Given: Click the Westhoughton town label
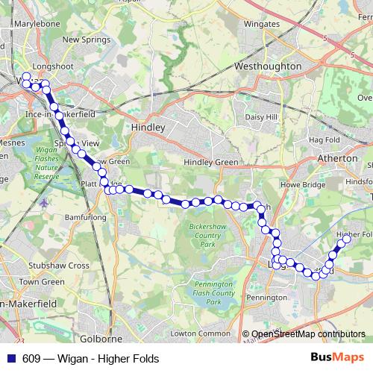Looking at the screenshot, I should click(267, 66).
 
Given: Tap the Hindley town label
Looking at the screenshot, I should click(148, 128).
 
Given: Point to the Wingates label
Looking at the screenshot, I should click(262, 24).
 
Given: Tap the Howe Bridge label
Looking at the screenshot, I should click(301, 184).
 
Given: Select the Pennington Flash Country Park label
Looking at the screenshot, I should click(213, 293).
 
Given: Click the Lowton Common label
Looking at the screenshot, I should click(200, 333).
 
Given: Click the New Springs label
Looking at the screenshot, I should click(81, 40).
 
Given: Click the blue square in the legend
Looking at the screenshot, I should click(10, 358).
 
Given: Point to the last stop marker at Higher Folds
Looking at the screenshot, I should click(346, 239).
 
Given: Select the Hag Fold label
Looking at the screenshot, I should click(324, 140).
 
